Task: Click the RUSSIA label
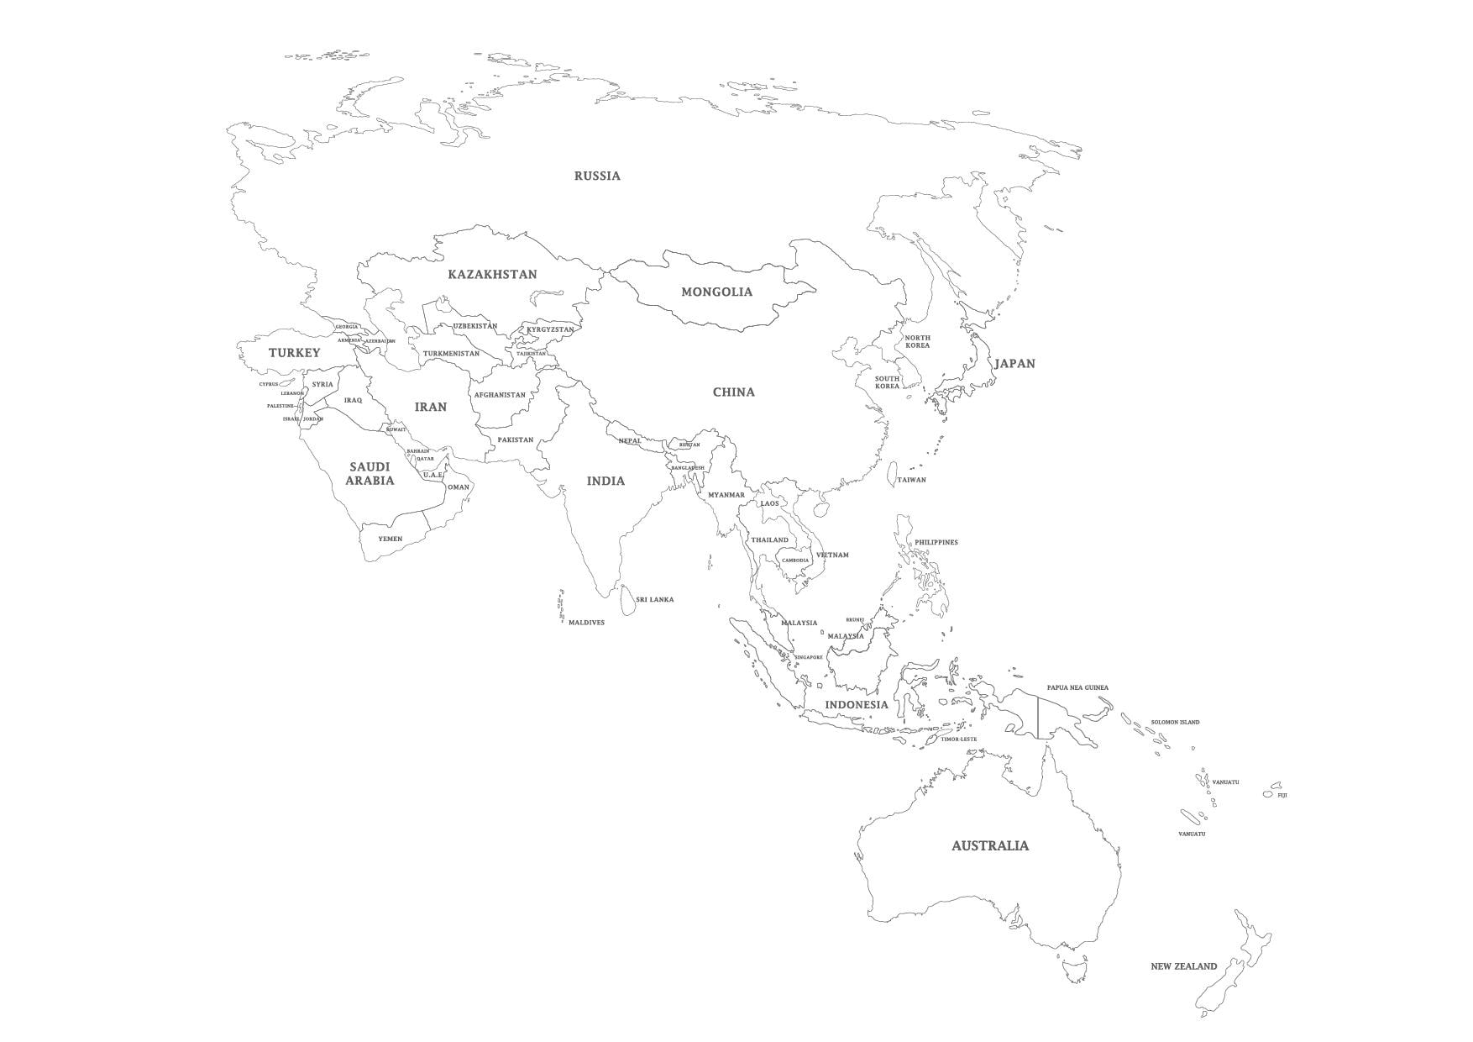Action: click(x=597, y=176)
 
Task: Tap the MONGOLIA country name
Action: click(x=716, y=292)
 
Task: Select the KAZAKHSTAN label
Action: click(x=492, y=274)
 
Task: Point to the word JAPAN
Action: click(x=1014, y=364)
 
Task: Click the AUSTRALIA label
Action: click(x=989, y=846)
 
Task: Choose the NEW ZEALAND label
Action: click(x=1183, y=966)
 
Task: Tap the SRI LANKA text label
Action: click(x=654, y=600)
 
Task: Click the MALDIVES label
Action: click(x=586, y=623)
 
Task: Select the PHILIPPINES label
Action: click(x=936, y=543)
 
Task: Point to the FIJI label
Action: click(x=1282, y=795)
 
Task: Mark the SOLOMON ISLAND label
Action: click(x=1175, y=723)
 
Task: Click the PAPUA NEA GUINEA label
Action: click(x=1077, y=687)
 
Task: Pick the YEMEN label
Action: click(x=390, y=539)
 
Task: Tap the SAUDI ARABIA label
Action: click(x=370, y=474)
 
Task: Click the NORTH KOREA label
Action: click(x=917, y=341)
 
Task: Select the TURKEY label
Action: click(x=294, y=353)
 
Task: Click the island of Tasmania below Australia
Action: click(x=1072, y=971)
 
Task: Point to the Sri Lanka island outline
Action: click(x=627, y=601)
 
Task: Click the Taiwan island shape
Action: click(x=892, y=475)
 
